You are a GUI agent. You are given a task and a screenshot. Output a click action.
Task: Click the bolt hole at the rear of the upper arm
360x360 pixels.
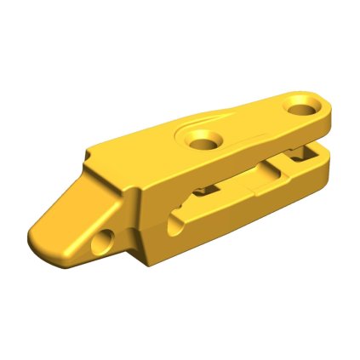point(301,108)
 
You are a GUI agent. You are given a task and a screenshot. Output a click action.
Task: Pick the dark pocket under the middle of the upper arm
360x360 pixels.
point(204,189)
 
